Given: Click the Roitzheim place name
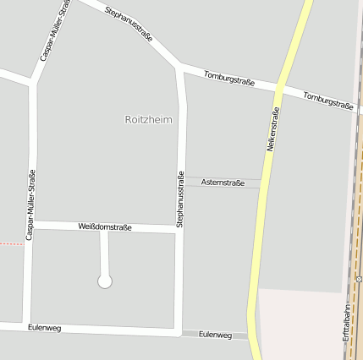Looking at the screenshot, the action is [148, 120].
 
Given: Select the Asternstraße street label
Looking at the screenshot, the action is [223, 183].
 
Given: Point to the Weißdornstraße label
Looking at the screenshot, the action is [105, 226].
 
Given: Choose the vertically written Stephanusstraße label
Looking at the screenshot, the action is [180, 199].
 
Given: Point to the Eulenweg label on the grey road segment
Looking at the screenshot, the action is [215, 335].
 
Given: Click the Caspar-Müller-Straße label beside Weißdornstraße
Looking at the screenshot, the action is [30, 205].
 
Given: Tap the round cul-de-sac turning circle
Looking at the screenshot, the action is [105, 281].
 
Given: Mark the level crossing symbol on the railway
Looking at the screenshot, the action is [359, 278].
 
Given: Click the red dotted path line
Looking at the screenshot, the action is [10, 243].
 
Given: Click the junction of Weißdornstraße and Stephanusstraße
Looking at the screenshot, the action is [179, 230].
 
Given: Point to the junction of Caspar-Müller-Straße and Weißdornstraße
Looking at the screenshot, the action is [31, 225].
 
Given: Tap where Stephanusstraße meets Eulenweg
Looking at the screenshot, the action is [179, 333].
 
